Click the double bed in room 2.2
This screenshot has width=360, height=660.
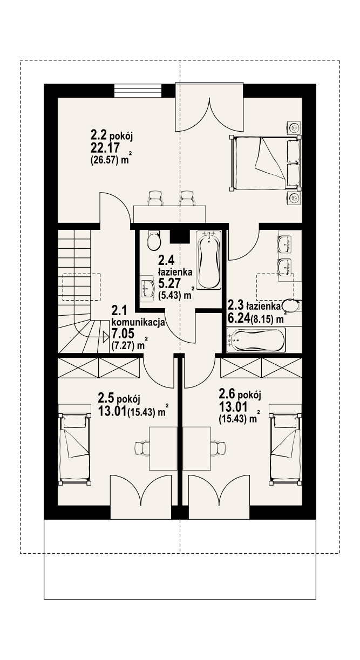pyautogui.click(x=266, y=162)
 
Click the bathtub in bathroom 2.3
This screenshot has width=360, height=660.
pyautogui.click(x=256, y=341)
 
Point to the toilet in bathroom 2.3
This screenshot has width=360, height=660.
pyautogui.click(x=292, y=305)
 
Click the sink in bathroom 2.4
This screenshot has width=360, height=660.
pyautogui.click(x=147, y=288)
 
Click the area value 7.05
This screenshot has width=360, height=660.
pyautogui.click(x=123, y=334)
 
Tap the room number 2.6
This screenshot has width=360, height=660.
pyautogui.click(x=228, y=393)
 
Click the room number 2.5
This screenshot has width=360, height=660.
pyautogui.click(x=107, y=399)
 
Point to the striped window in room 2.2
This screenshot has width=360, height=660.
pyautogui.click(x=138, y=91)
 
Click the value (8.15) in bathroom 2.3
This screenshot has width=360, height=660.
pyautogui.click(x=264, y=319)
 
